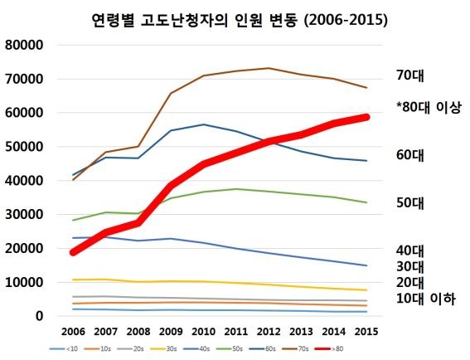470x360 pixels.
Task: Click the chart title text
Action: [235, 18]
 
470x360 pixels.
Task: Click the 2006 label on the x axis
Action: [74, 332]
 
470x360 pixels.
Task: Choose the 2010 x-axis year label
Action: [203, 332]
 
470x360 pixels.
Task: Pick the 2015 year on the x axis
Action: [366, 332]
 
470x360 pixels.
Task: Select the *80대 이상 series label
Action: [428, 107]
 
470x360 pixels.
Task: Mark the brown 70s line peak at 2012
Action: [269, 68]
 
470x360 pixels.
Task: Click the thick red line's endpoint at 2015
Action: [366, 117]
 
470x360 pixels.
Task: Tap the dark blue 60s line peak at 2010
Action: [203, 124]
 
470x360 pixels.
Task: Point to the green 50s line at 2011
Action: [236, 189]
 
